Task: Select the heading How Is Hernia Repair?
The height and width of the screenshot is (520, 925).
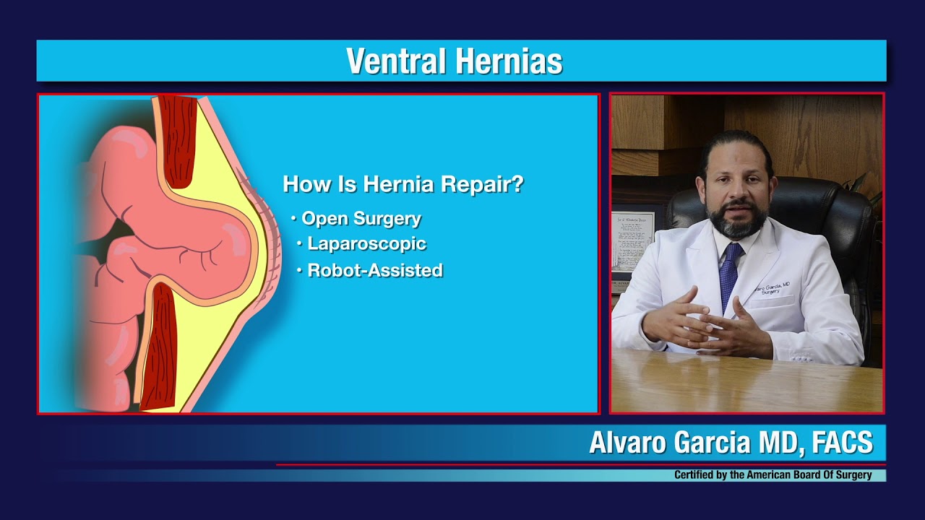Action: click(x=403, y=184)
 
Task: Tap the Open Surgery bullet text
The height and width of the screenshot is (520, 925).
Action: click(x=361, y=218)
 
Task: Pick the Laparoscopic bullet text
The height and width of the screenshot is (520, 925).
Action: click(x=366, y=244)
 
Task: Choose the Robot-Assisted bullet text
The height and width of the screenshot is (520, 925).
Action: click(x=374, y=271)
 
